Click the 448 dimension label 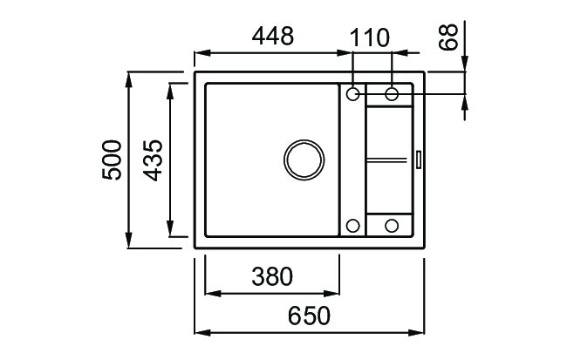click(x=273, y=36)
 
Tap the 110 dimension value click(x=370, y=37)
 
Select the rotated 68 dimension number click(x=448, y=37)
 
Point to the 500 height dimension click(x=112, y=160)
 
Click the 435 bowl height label click(x=153, y=160)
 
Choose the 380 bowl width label click(x=272, y=276)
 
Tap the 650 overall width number click(x=309, y=316)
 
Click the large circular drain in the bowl click(x=304, y=160)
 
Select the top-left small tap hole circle click(x=353, y=93)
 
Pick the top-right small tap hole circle click(x=392, y=93)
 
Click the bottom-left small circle click(x=353, y=226)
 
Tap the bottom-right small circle click(x=392, y=226)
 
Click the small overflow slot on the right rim click(x=419, y=160)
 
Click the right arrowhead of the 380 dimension click(x=331, y=293)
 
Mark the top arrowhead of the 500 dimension click(x=129, y=80)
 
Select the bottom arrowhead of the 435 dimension click(x=169, y=228)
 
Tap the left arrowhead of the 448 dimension click(x=202, y=53)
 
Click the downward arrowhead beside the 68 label click(x=465, y=64)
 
